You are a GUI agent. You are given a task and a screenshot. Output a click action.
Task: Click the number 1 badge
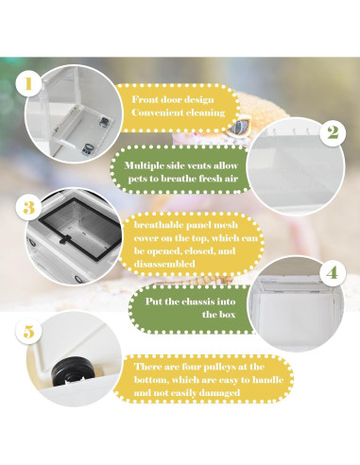point(30,83)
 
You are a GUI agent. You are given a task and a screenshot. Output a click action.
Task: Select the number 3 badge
point(29,206)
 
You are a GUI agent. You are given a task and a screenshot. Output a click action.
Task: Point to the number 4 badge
point(331,274)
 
